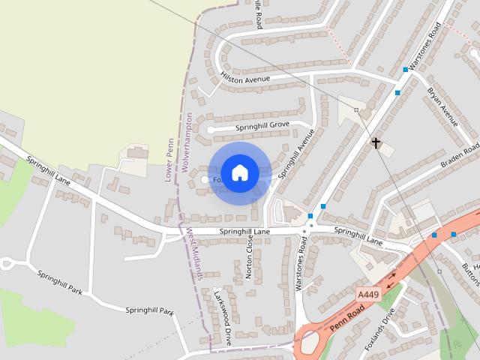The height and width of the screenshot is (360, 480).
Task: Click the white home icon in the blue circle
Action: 239,172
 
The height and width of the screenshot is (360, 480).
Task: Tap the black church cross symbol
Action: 374,142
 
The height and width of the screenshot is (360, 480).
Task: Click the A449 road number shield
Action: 367,294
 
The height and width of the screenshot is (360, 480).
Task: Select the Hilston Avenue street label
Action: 245,76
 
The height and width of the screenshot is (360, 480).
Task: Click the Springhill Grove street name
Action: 262,126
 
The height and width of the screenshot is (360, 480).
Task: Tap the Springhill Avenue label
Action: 297,154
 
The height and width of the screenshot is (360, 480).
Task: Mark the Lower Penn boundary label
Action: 169,165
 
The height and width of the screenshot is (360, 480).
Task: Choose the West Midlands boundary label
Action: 194,253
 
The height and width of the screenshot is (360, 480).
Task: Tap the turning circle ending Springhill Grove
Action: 211,130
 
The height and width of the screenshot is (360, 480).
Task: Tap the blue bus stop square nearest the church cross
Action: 397,93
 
